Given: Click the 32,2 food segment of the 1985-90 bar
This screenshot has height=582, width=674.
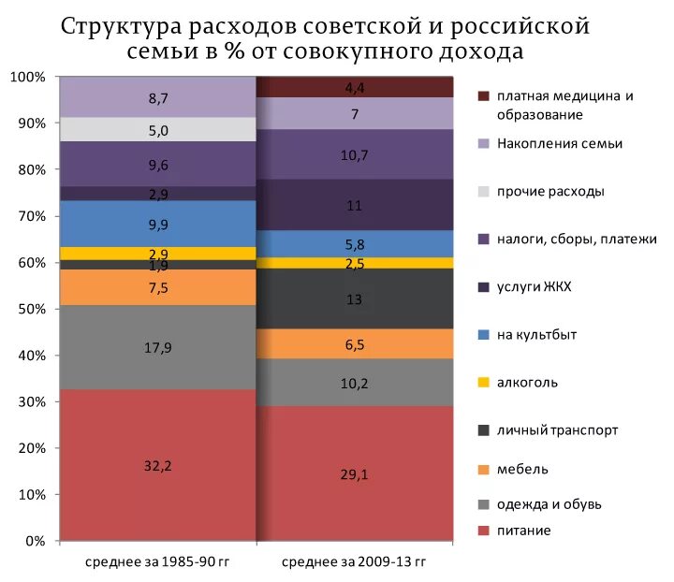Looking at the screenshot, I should (x=157, y=465).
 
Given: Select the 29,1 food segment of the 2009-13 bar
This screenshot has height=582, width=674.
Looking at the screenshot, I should (x=355, y=473).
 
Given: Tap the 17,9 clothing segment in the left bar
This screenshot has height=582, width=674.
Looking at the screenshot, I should (x=157, y=347).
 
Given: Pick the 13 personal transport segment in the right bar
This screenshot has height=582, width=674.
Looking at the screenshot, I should (x=355, y=298).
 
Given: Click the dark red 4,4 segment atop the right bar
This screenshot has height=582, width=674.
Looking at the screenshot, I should (x=355, y=88).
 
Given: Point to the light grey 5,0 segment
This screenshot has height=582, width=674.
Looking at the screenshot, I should (x=157, y=130).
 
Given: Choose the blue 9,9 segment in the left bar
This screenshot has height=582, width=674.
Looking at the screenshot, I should (x=157, y=224).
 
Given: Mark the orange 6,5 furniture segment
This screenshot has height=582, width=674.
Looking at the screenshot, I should (x=355, y=343).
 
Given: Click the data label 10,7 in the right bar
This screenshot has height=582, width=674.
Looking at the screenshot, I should (x=355, y=154).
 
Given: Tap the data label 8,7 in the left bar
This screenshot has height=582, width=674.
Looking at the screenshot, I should (x=157, y=97).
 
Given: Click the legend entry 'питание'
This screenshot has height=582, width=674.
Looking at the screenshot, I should (x=524, y=531).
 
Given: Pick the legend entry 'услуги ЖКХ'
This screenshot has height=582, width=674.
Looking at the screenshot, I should (x=535, y=286).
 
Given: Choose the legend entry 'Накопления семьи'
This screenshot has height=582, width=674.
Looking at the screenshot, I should (x=560, y=143).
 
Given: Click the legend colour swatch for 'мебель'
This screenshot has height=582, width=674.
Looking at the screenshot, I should (x=483, y=469).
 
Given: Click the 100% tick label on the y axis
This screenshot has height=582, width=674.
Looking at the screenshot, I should (x=28, y=77).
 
